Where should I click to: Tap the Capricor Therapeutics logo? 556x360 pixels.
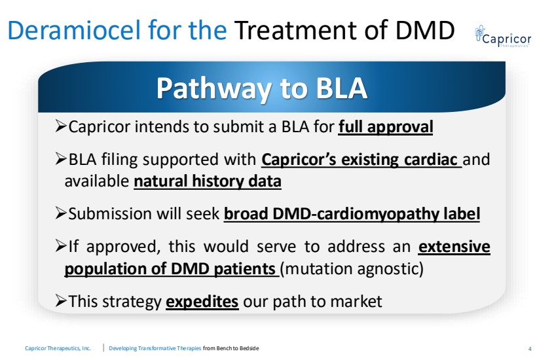click(503, 37)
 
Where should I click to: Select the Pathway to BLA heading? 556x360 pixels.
click(262, 88)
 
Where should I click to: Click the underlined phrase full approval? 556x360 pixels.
click(386, 127)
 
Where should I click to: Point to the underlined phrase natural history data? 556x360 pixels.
click(208, 181)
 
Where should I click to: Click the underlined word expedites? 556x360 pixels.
click(202, 302)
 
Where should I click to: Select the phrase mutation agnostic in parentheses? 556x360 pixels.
click(352, 268)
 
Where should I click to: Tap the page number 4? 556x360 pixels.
click(530, 349)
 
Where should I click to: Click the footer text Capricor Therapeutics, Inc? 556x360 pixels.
click(58, 348)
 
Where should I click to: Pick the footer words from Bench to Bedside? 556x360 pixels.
click(231, 348)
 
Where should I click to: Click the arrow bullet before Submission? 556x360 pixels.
click(61, 213)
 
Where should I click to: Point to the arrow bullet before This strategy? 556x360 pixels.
click(61, 301)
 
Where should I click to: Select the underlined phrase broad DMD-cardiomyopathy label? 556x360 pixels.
click(352, 214)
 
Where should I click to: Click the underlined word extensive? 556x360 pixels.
click(454, 246)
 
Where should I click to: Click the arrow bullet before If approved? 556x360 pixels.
click(61, 245)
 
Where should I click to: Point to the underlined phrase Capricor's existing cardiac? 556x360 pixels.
click(361, 160)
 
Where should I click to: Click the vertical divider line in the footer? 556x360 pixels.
click(103, 348)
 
